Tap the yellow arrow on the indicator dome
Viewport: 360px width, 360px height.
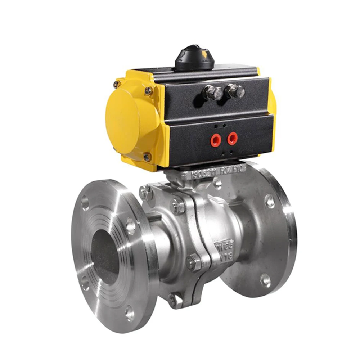click(205, 54)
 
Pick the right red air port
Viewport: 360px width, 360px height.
click(233, 138)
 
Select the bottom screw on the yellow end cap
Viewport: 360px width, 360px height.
click(147, 157)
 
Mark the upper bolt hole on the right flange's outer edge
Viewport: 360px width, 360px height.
click(269, 201)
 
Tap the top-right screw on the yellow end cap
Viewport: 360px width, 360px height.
click(148, 90)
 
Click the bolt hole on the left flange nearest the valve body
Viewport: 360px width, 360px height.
click(130, 226)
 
